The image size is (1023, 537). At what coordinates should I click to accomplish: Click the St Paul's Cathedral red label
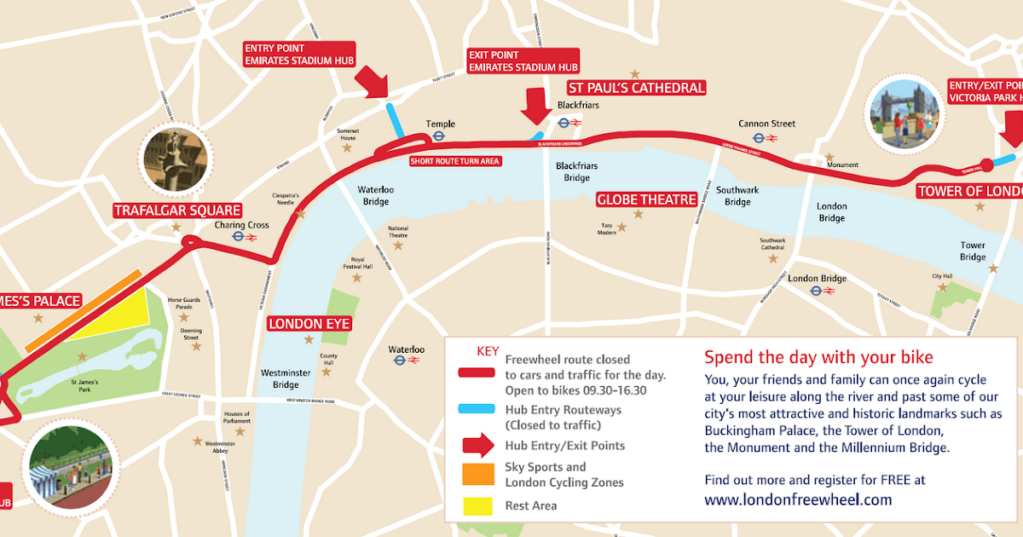coord(637,88)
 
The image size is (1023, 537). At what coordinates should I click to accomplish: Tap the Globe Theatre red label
coord(646,199)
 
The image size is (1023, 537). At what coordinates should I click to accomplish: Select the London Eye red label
coord(309,324)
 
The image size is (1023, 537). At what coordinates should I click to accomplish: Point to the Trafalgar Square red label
coord(177,211)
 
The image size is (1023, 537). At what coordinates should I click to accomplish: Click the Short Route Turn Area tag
coord(454,160)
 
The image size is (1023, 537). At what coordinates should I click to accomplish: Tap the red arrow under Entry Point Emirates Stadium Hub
coord(372,84)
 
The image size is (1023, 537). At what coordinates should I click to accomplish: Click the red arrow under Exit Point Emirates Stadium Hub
coord(536,105)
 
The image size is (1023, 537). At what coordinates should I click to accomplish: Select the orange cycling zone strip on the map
coord(83,311)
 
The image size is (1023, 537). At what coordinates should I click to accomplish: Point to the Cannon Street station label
coord(767,124)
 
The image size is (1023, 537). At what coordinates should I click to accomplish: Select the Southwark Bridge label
coord(737,196)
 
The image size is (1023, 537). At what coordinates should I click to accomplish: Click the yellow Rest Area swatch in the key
coord(477,505)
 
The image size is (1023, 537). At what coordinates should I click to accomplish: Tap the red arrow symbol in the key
coord(477,445)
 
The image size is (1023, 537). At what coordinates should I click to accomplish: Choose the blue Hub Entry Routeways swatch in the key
coord(477,409)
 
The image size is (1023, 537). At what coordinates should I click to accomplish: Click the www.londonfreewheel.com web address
coord(798,500)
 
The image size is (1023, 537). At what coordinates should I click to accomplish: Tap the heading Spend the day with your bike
coord(818,356)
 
